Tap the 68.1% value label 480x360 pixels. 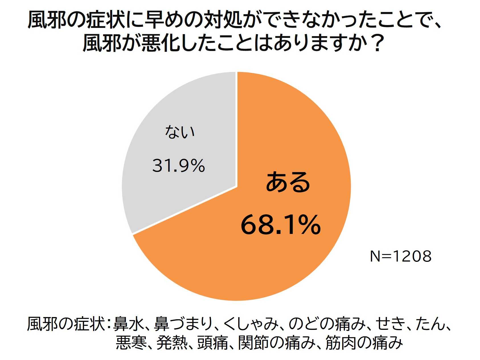pos(281,225)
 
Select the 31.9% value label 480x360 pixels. pos(179,166)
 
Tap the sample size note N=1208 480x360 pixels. pos(401,256)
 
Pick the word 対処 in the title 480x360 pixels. pos(224,20)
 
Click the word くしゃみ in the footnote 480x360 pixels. pos(251,324)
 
